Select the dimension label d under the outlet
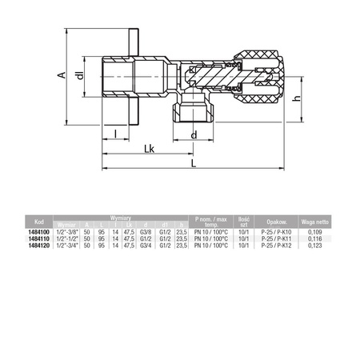point(194,134)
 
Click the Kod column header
point(36,221)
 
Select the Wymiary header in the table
point(120,217)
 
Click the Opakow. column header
point(278,221)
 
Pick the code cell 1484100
point(37,231)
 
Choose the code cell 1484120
point(37,245)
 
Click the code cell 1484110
point(37,238)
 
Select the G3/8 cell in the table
point(145,231)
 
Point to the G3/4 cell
point(145,245)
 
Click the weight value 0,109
point(314,231)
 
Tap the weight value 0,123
point(314,245)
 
